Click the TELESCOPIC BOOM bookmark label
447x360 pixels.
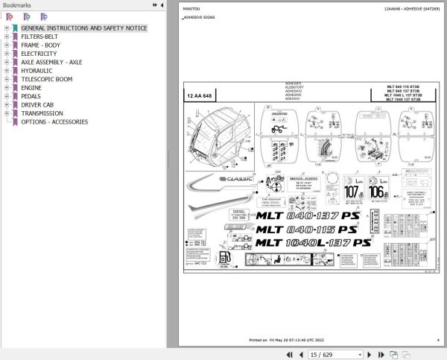coord(46,79)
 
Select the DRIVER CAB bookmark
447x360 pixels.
coord(37,105)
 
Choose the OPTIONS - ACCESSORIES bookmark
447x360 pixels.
coord(54,122)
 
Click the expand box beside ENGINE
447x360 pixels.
coord(6,88)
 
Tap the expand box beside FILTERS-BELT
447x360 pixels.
coord(6,37)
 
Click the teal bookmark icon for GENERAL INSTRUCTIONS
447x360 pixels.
coord(15,28)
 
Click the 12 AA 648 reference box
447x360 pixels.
coord(200,96)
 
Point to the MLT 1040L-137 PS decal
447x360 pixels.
coord(313,243)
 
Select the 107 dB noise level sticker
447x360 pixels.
coord(352,189)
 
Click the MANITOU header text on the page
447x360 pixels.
coord(190,8)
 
